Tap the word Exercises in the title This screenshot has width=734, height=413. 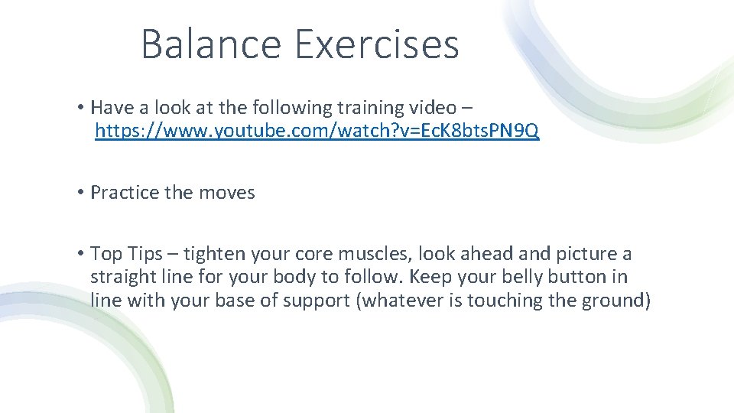click(376, 44)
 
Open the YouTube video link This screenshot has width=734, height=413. click(317, 132)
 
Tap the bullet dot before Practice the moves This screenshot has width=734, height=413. click(80, 193)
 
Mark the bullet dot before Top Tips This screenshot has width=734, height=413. click(80, 253)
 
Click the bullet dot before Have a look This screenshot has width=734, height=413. click(80, 107)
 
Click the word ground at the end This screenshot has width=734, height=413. click(615, 301)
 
